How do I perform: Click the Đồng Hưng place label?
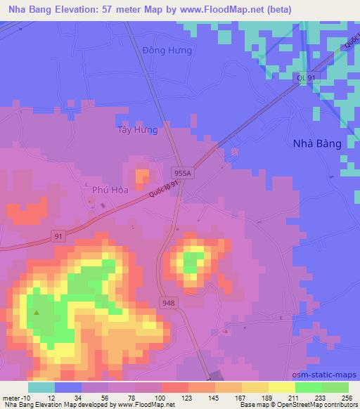tap(167, 51)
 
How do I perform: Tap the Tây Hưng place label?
tap(137, 131)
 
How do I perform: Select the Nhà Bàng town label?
tap(316, 143)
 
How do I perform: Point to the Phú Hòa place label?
tap(109, 189)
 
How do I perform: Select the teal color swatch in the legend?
tap(41, 387)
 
